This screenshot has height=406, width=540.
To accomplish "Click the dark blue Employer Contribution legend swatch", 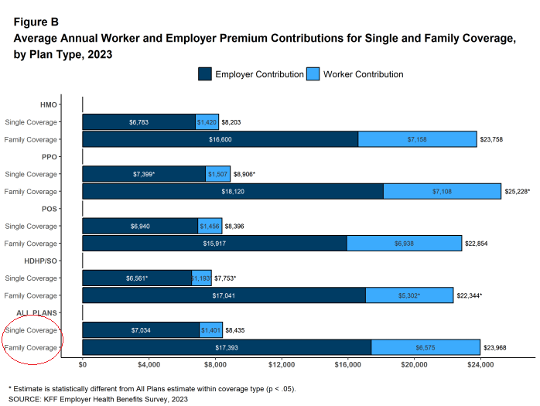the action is tap(205, 74).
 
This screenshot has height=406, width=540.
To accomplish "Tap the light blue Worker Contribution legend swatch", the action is tap(313, 74).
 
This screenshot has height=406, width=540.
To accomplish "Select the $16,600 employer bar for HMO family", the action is tap(220, 139).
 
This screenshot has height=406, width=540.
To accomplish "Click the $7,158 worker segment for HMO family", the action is tap(418, 139).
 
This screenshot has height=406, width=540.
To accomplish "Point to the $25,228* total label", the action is tap(518, 192).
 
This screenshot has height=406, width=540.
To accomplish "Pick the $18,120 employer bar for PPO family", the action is tap(233, 191).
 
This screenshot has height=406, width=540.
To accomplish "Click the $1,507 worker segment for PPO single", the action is tap(218, 174).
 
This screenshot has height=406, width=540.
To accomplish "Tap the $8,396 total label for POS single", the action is tap(234, 227).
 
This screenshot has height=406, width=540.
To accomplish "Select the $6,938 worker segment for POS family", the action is tap(405, 243).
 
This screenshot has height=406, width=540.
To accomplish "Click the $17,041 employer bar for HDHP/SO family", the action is tap(224, 295).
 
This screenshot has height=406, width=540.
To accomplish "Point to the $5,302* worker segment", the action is tap(409, 295).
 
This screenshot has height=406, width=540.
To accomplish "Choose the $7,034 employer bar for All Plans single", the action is tap(142, 330).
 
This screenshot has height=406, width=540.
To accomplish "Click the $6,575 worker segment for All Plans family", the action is tap(426, 347).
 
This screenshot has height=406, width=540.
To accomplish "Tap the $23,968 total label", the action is tap(495, 347).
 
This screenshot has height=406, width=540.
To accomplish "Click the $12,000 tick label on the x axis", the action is tap(282, 365).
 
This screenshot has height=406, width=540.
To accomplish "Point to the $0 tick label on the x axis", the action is tap(83, 365).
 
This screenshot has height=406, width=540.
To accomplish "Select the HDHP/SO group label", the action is tap(41, 261).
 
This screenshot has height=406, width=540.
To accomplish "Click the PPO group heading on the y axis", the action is tap(50, 157).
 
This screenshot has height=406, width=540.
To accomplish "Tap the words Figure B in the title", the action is tap(36, 22).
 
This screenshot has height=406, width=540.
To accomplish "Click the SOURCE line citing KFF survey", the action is tap(98, 399).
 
